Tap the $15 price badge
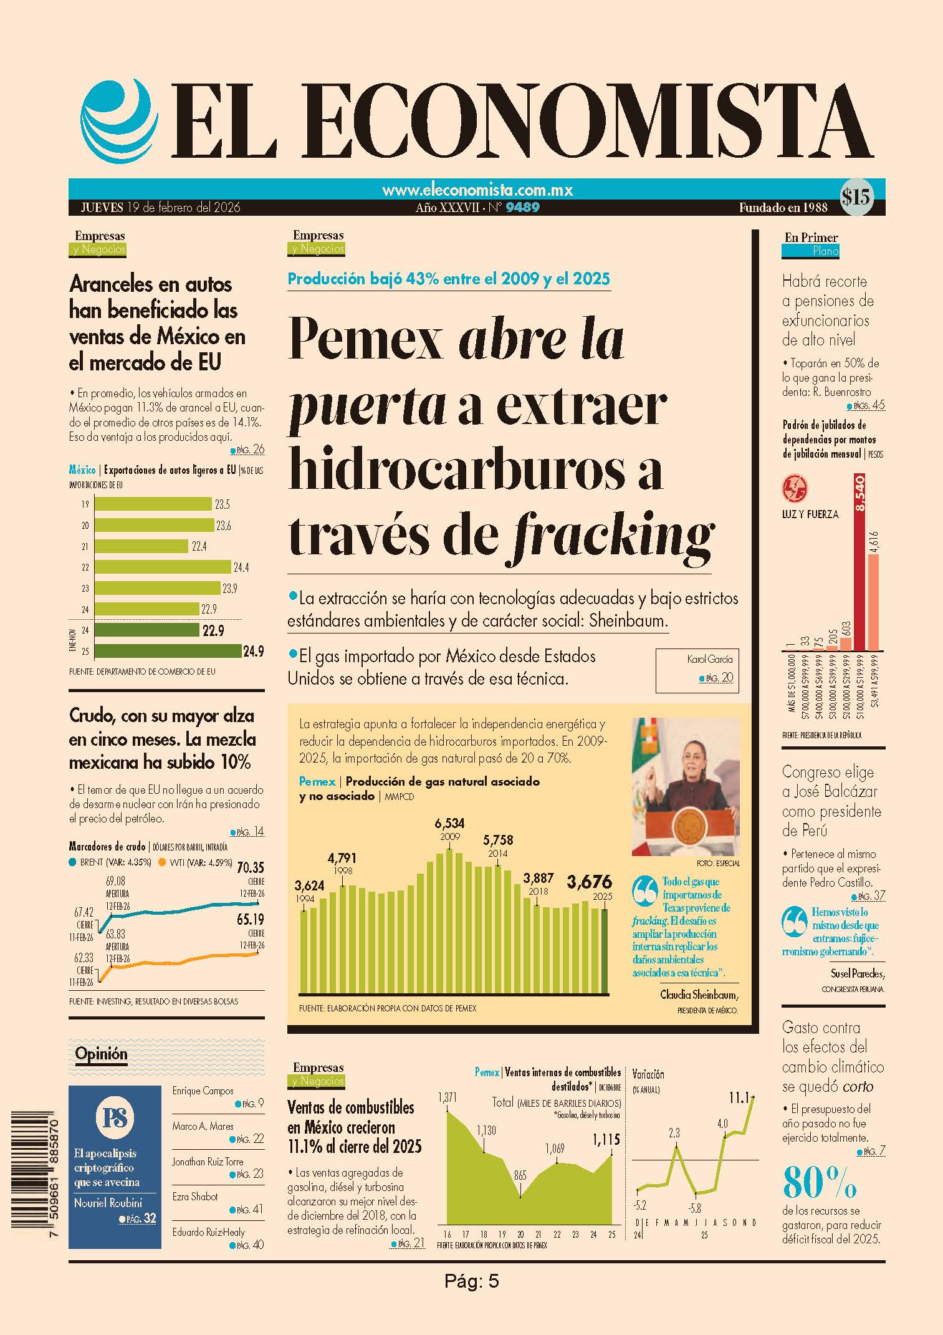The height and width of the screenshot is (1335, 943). tap(856, 198)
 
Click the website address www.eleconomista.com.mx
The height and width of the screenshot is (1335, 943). tap(477, 190)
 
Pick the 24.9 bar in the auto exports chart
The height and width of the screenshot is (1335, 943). tap(168, 652)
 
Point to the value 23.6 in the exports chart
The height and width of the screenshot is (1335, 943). tap(224, 526)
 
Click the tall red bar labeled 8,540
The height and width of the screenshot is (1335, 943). tap(859, 561)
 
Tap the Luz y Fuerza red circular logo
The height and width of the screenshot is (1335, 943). tap(795, 488)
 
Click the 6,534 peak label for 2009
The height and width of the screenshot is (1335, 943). tap(449, 824)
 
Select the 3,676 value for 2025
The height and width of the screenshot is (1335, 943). tap(589, 882)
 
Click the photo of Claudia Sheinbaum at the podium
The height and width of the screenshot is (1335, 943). tap(686, 787)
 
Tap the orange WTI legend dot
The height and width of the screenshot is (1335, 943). tap(162, 863)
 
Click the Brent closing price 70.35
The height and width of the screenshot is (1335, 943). tap(251, 867)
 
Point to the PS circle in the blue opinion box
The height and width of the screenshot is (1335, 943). tap(115, 1117)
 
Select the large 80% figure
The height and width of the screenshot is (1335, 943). tap(820, 1182)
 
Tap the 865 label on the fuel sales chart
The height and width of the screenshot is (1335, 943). tap(520, 1175)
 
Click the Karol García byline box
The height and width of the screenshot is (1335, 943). tap(697, 670)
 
